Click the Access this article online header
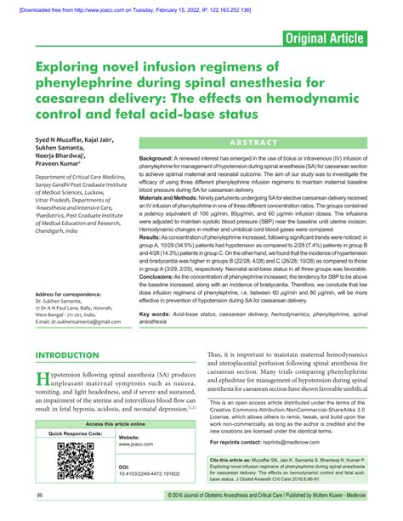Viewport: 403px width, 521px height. pos(116,422)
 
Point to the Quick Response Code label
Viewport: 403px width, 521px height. pos(77,433)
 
